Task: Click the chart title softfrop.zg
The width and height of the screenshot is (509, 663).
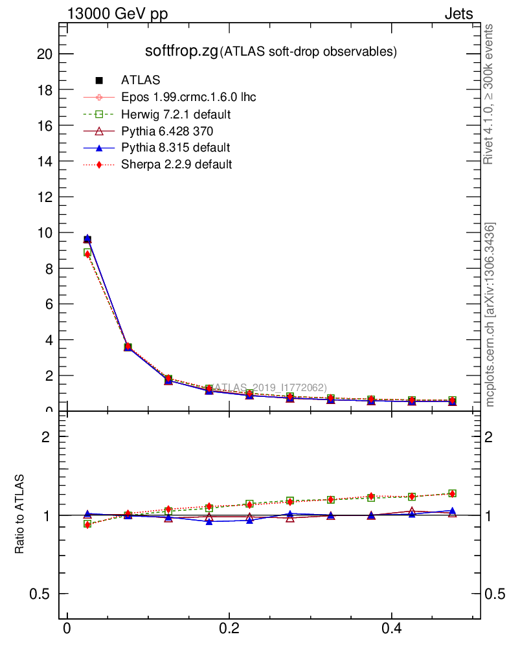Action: point(181,51)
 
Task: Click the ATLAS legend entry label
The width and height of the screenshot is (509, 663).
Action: point(141,80)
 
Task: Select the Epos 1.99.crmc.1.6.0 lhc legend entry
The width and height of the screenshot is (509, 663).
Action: point(188,97)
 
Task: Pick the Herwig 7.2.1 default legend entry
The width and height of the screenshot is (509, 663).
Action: point(176,114)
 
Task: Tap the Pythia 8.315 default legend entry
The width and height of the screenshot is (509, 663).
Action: point(175,148)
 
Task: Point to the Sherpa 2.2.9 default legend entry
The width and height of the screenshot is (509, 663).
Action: point(176,164)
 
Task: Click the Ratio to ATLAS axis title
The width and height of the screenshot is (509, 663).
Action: point(20,514)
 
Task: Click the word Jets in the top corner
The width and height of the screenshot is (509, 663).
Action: point(458,14)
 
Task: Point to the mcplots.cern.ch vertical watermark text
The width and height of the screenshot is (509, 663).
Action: point(491,315)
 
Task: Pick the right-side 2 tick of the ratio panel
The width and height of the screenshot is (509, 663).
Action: point(495,437)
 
